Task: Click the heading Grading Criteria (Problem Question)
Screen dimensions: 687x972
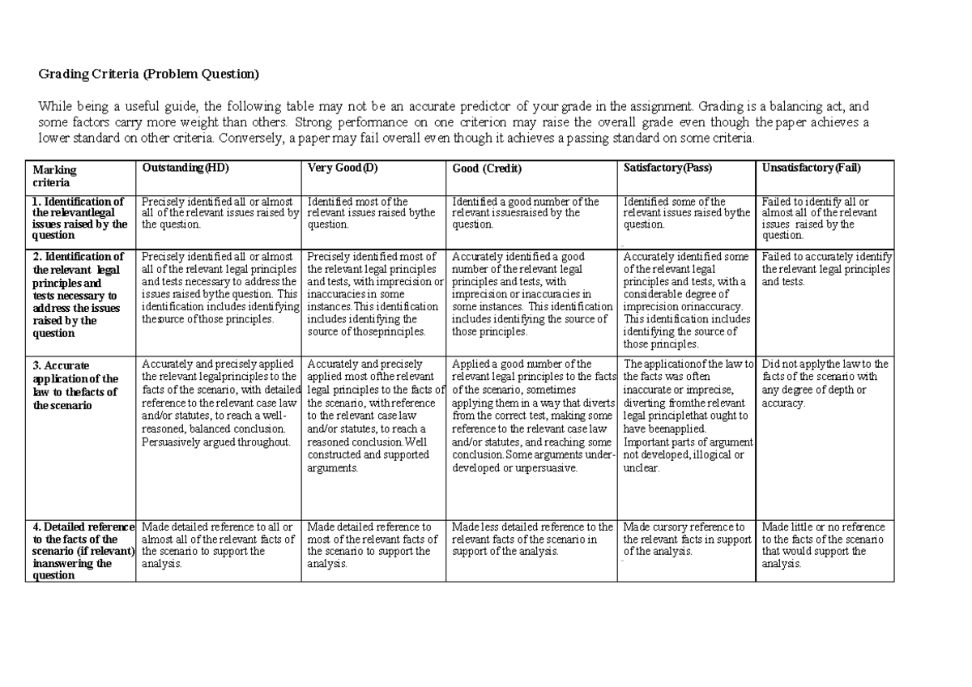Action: tap(150, 75)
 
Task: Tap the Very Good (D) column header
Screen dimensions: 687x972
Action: tap(343, 168)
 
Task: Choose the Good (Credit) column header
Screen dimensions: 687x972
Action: tap(487, 169)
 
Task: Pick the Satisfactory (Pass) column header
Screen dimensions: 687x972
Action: tap(667, 168)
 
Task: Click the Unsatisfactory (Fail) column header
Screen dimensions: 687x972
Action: tap(811, 168)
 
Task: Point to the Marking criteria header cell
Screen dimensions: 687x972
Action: tap(54, 176)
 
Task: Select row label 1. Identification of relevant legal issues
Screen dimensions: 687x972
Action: tap(79, 218)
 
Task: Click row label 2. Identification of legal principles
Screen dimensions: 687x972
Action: tap(76, 294)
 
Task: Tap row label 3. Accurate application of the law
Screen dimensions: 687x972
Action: tap(75, 385)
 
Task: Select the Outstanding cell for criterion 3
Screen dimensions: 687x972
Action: tap(220, 403)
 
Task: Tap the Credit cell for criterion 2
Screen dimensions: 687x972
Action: tap(532, 294)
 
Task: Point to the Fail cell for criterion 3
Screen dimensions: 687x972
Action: tap(825, 383)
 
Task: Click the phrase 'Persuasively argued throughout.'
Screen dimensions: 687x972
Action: tap(215, 442)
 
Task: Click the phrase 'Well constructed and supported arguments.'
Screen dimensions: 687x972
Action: tap(369, 455)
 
